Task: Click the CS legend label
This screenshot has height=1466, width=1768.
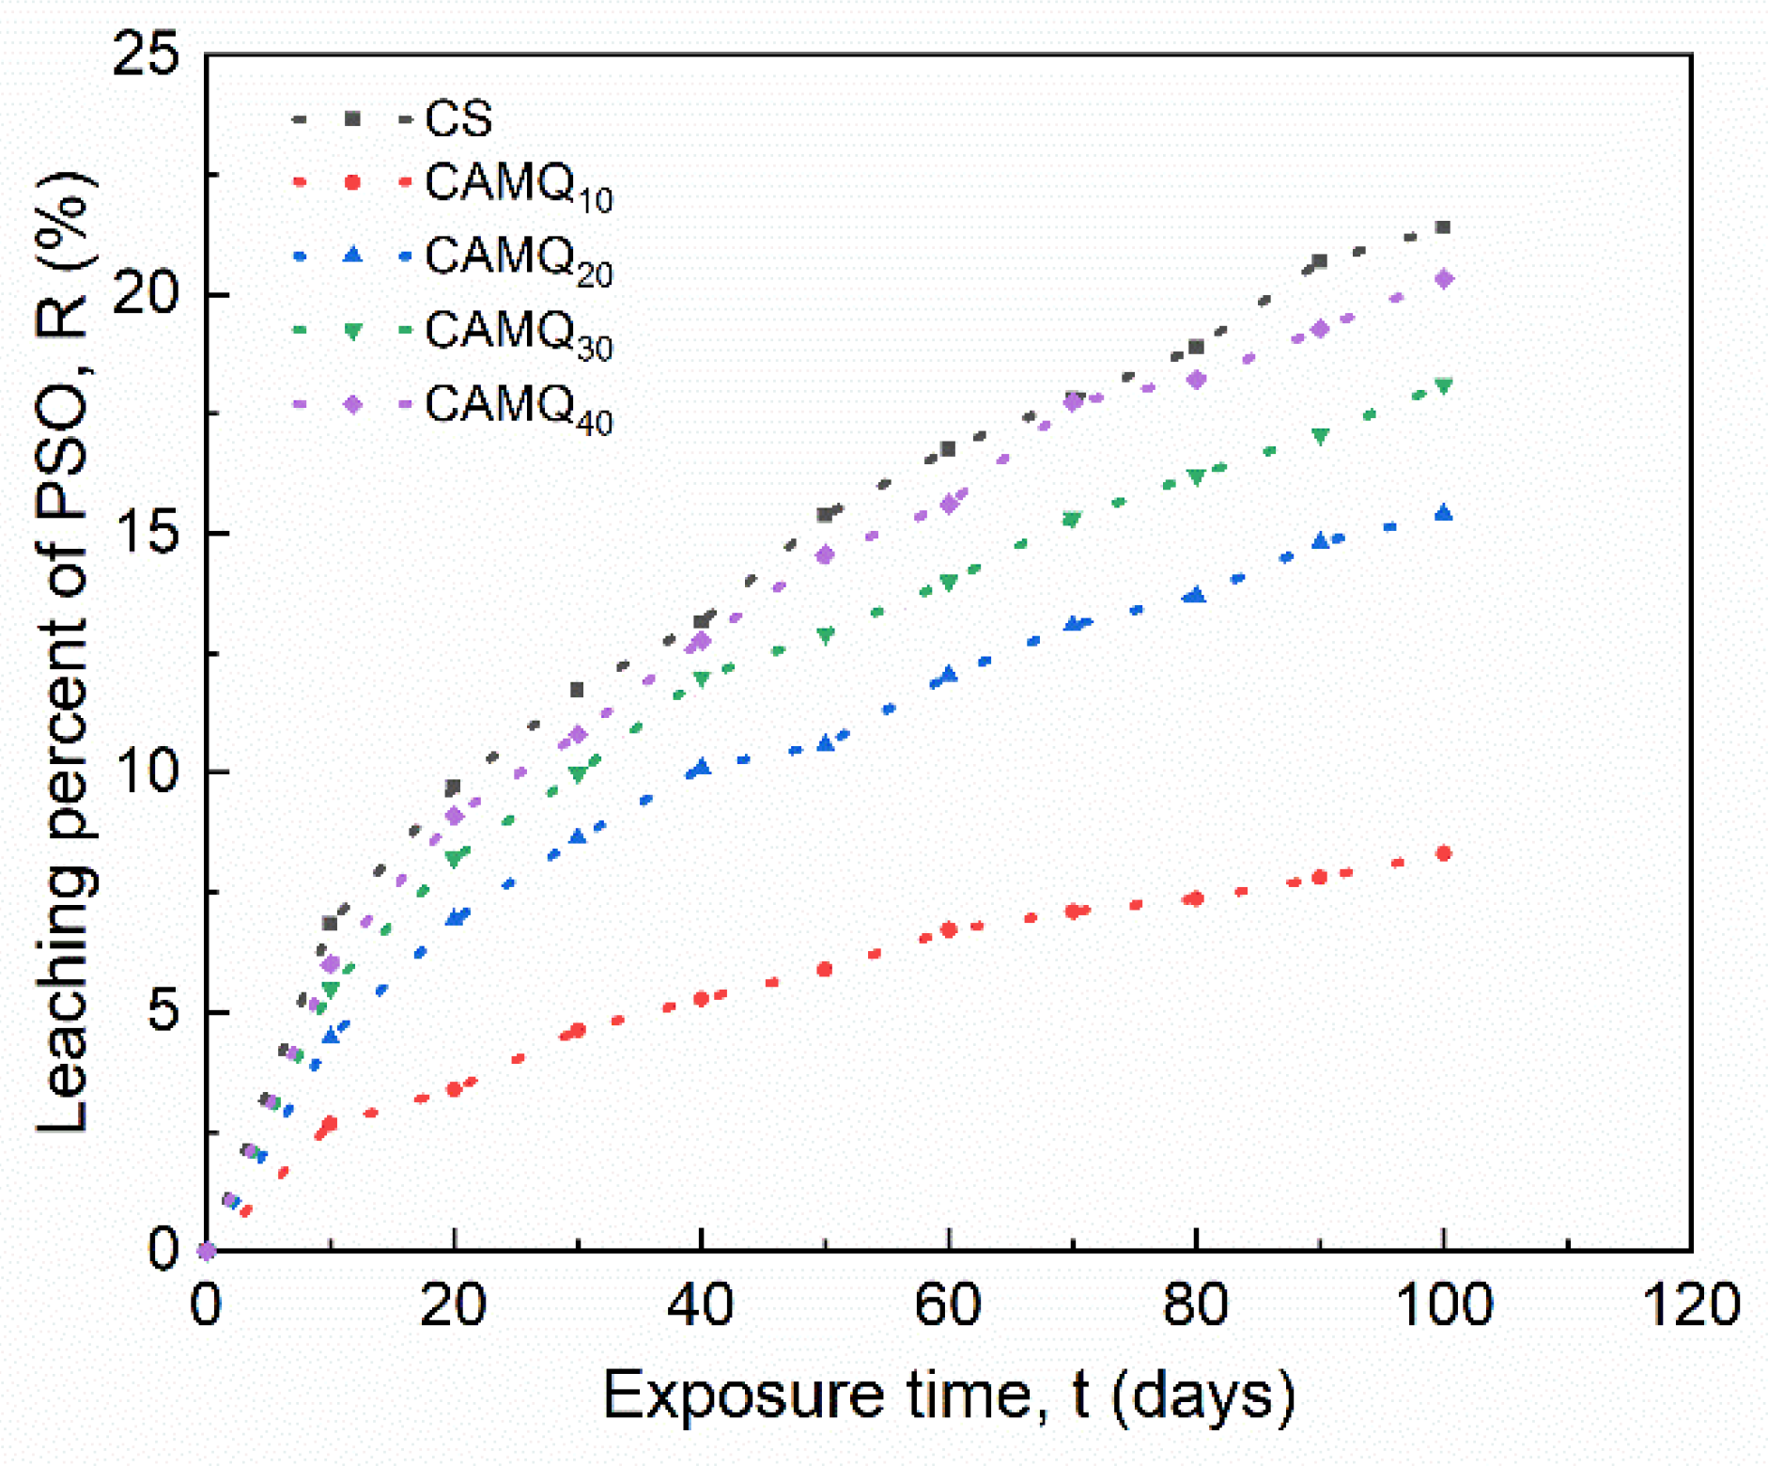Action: click(x=458, y=118)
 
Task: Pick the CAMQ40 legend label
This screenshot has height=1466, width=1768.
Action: click(x=519, y=409)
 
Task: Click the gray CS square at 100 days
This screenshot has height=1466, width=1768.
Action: click(x=1443, y=227)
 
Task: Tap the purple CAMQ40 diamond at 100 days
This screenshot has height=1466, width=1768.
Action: click(x=1444, y=279)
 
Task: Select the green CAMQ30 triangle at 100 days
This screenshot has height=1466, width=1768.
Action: click(x=1444, y=386)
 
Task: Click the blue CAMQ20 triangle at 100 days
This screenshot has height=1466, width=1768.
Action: click(x=1444, y=512)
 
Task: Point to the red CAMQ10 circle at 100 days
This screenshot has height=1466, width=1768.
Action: click(x=1444, y=853)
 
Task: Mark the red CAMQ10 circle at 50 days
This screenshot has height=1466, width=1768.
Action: click(x=825, y=969)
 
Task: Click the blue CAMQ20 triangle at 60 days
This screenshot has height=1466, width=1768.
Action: click(x=949, y=674)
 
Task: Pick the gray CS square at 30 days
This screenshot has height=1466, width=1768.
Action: click(x=577, y=691)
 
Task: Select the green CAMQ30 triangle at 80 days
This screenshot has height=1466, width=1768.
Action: click(x=1196, y=477)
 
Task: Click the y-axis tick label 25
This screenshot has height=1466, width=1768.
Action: click(x=146, y=55)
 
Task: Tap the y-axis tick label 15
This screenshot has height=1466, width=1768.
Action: click(x=146, y=533)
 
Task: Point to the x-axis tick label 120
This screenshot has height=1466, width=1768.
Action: click(x=1689, y=1305)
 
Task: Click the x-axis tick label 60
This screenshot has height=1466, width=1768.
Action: click(x=949, y=1305)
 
